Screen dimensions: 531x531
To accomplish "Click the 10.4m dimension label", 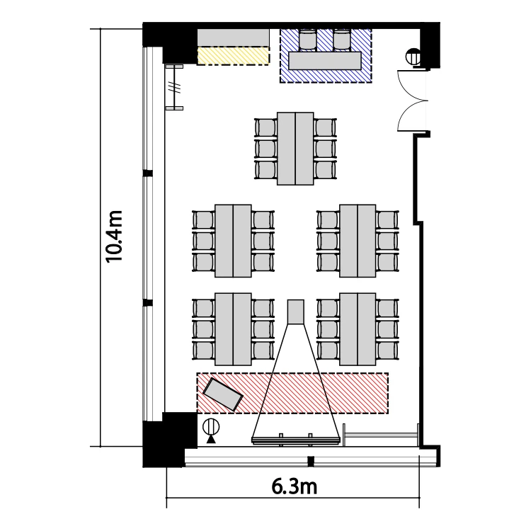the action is coord(113,236).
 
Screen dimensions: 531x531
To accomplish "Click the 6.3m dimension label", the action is coord(294,487).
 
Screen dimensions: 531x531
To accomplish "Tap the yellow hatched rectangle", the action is coord(233,55).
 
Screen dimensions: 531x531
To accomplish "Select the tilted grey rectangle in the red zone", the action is coord(222,394).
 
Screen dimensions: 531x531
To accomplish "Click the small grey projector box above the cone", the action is coord(296,312).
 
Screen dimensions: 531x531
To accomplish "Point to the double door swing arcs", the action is coord(411,101).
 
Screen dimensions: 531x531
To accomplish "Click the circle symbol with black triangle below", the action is coord(211,430).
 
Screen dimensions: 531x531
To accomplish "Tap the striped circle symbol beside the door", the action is coord(413,57).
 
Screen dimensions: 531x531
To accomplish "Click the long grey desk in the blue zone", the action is coord(325,61).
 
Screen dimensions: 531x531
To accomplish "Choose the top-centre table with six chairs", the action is coord(295,149).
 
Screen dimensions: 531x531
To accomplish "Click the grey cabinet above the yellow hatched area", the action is coord(233,38).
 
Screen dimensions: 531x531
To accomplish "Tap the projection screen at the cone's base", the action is coord(295,440).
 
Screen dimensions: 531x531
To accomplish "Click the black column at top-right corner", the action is coord(430,45).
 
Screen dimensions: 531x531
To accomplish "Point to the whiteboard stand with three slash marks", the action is coord(175,87).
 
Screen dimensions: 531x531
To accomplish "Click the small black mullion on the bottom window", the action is coord(311,461).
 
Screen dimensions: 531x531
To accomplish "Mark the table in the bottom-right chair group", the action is coord(358,329).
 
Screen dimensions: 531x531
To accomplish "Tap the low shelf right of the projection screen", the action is coord(382,435).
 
